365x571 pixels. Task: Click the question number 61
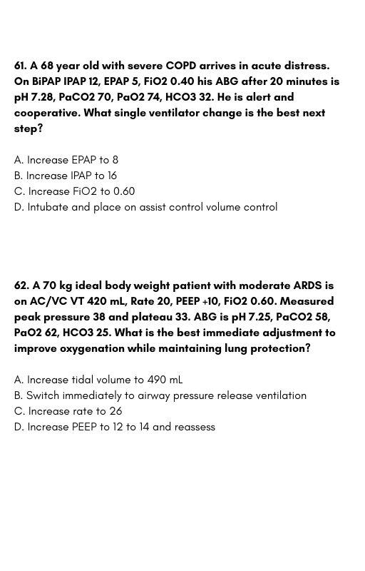[20, 66]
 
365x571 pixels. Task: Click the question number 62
[21, 285]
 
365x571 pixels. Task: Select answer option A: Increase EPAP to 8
[66, 160]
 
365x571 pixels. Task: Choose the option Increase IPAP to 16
[66, 176]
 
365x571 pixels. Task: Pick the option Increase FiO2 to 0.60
[74, 191]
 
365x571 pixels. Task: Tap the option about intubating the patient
[146, 207]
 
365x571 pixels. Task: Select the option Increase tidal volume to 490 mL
[98, 380]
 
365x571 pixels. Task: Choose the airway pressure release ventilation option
[160, 395]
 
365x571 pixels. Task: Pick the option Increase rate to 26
[68, 411]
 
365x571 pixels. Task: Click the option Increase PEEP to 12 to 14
[115, 427]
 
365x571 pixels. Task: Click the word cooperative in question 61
[47, 113]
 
